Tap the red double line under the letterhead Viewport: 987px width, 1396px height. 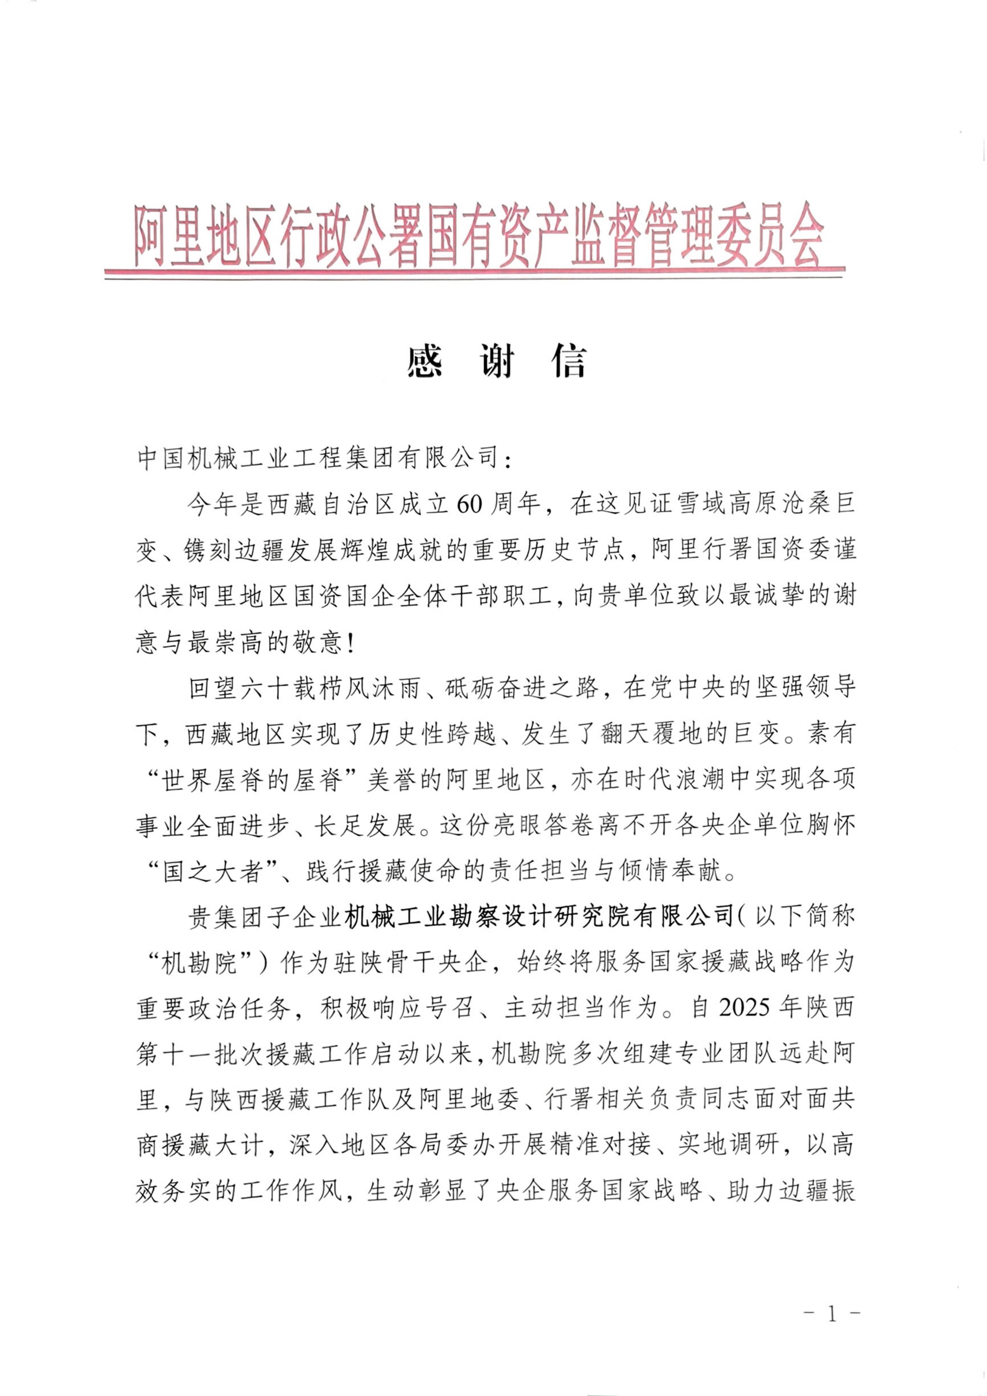(474, 274)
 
